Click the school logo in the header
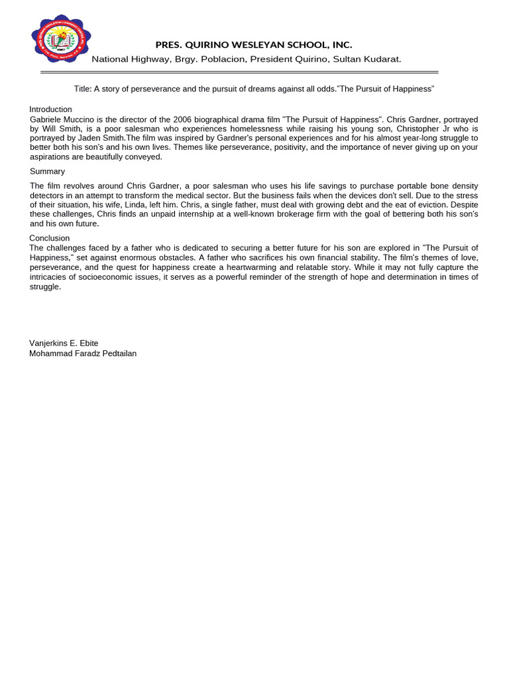pyautogui.click(x=61, y=38)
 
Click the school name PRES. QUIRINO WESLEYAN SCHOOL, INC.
pyautogui.click(x=253, y=45)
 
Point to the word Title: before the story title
pyautogui.click(x=82, y=89)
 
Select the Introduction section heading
pyautogui.click(x=50, y=109)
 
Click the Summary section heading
pyautogui.click(x=47, y=171)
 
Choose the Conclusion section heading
pyautogui.click(x=49, y=238)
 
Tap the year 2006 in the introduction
pyautogui.click(x=182, y=119)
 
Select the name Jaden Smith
pyautogui.click(x=102, y=138)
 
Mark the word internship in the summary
pyautogui.click(x=199, y=214)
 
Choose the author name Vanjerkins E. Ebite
pyautogui.click(x=64, y=343)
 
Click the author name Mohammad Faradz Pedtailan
pyautogui.click(x=83, y=353)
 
